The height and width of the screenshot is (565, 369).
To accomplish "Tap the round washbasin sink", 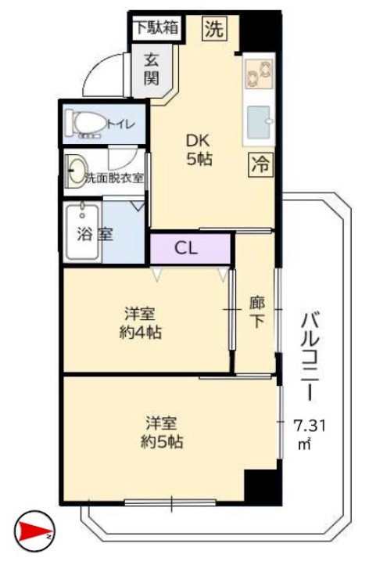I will [76, 173].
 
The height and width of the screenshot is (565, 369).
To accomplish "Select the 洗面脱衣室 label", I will [114, 178].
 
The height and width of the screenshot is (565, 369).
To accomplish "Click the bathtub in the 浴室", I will [81, 232].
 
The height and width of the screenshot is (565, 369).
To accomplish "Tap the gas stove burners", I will [258, 77].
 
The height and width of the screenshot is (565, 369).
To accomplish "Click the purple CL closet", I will [188, 250].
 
